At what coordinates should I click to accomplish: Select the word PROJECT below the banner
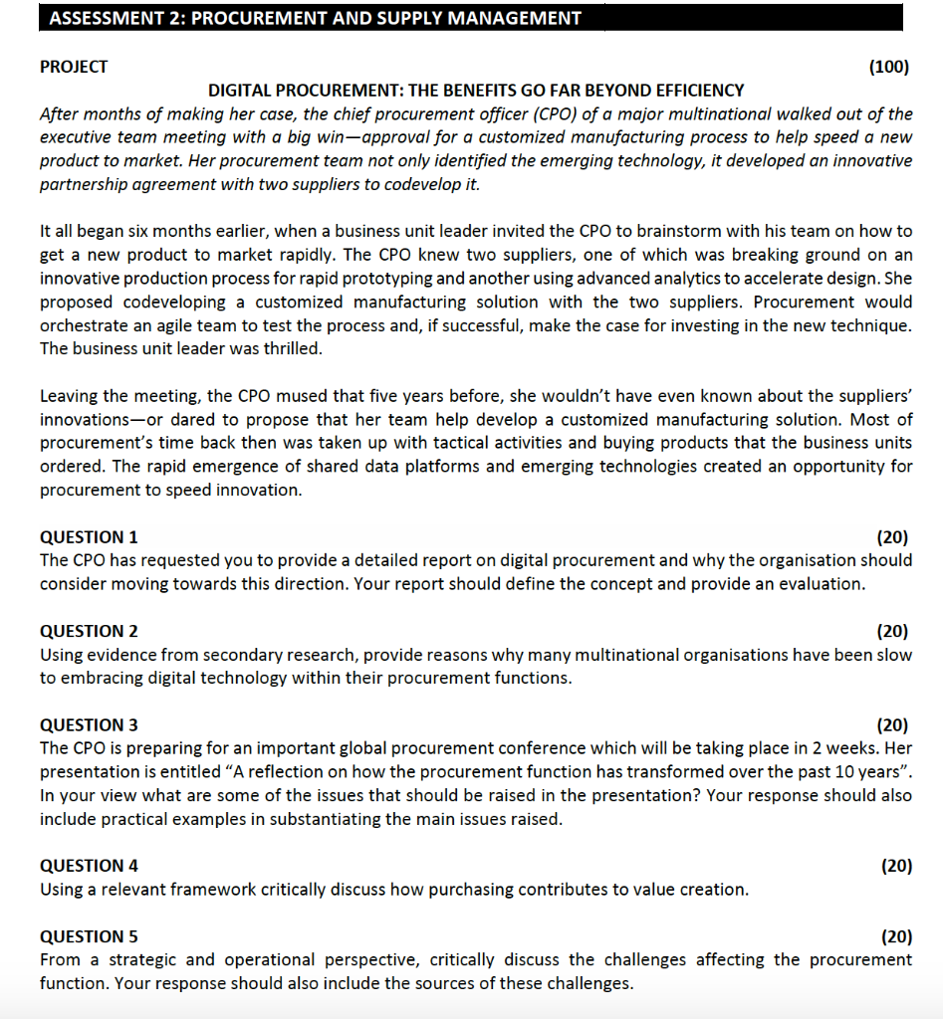[x=74, y=67]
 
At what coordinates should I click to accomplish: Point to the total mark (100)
[x=888, y=67]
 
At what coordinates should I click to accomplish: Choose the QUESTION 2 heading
[x=89, y=631]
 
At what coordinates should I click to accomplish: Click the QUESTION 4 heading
[x=89, y=866]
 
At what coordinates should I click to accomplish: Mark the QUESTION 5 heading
[x=89, y=936]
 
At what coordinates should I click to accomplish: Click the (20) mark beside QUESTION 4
[x=896, y=866]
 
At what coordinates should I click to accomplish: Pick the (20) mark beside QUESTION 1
[x=892, y=536]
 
